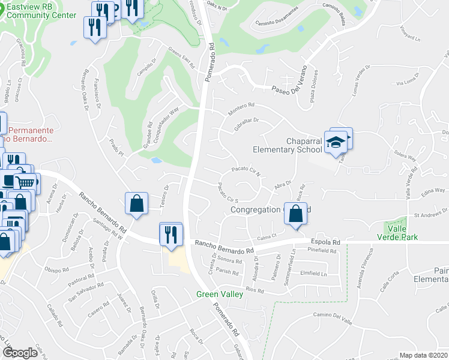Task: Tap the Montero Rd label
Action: pyautogui.click(x=242, y=110)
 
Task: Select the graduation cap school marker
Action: pyautogui.click(x=337, y=142)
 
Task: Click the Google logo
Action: pyautogui.click(x=20, y=353)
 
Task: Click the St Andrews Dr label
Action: pyautogui.click(x=431, y=213)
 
